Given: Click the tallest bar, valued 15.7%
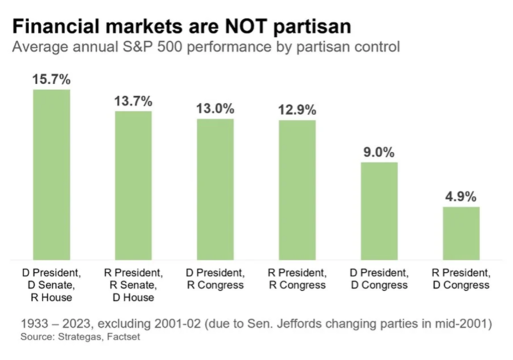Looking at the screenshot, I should click(x=51, y=175).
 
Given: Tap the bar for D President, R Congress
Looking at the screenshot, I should click(x=215, y=189).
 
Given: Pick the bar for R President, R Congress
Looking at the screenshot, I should click(x=297, y=189).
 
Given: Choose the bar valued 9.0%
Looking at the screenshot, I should click(x=379, y=211).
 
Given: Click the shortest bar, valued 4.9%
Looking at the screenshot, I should click(x=460, y=233).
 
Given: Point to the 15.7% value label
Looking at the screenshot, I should click(x=51, y=80).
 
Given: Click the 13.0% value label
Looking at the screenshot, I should click(x=216, y=109).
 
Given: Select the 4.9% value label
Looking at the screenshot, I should click(x=461, y=197).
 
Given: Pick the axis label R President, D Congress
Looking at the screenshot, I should click(x=460, y=279).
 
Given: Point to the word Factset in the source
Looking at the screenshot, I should click(x=123, y=338).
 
